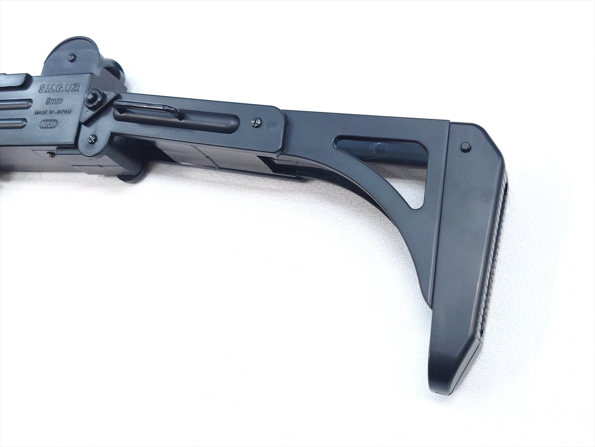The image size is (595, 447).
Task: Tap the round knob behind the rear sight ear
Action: pyautogui.click(x=114, y=71)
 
